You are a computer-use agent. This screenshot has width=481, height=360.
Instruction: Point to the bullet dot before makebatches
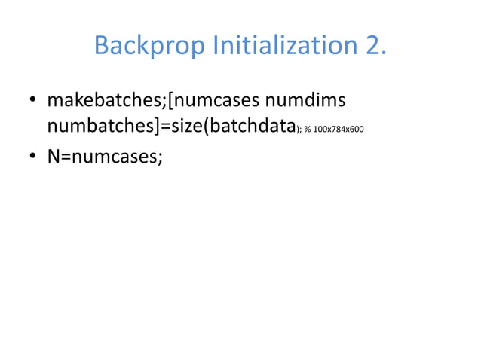pyautogui.click(x=33, y=101)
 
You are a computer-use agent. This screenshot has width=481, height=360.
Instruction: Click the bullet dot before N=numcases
pyautogui.click(x=33, y=159)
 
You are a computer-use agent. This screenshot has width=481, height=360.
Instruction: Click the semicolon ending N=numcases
pyautogui.click(x=160, y=160)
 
